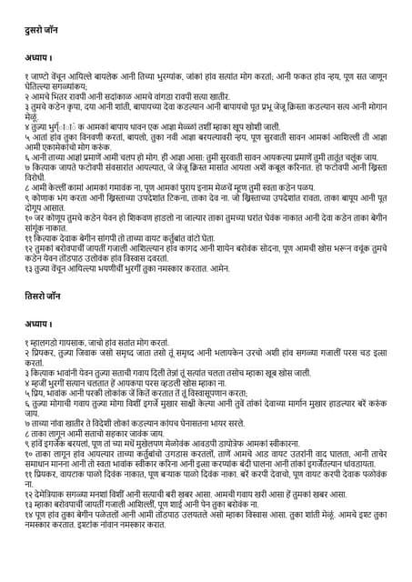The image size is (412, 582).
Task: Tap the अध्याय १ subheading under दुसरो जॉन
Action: (x=40, y=57)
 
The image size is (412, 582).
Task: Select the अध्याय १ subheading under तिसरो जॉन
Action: (x=40, y=323)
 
